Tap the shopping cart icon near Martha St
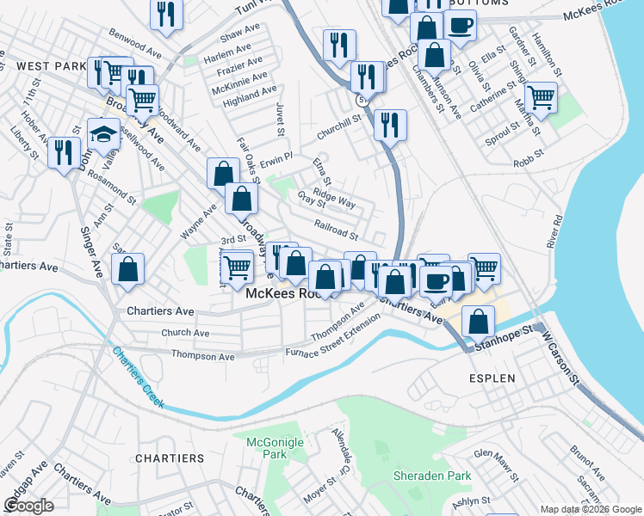pyautogui.click(x=540, y=97)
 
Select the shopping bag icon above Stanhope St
pyautogui.click(x=478, y=322)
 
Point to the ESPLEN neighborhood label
pyautogui.click(x=492, y=378)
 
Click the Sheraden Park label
pyautogui.click(x=432, y=475)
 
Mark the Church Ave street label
pyautogui.click(x=185, y=333)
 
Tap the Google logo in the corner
pyautogui.click(x=29, y=506)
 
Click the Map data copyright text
pyautogui.click(x=590, y=509)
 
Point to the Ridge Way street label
pyautogui.click(x=334, y=199)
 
